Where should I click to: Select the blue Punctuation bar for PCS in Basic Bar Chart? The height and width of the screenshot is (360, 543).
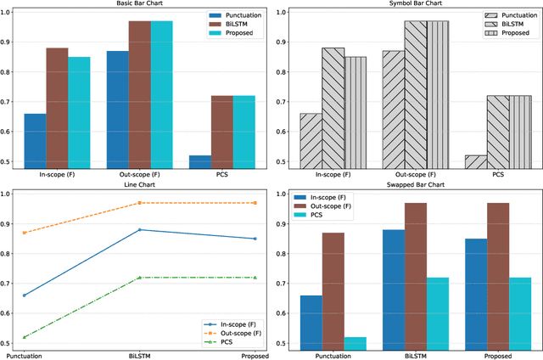(200, 162)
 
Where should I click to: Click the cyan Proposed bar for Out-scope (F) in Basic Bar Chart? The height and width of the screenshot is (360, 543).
(161, 94)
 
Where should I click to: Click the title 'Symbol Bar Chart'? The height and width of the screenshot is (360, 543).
(410, 4)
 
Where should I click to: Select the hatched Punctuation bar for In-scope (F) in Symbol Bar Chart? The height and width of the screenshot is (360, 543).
(311, 141)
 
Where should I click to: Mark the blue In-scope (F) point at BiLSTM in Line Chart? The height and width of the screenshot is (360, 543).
(139, 230)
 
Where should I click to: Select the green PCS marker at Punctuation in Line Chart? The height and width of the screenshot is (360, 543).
(23, 337)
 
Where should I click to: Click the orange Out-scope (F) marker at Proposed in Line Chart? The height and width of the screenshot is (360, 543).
(255, 203)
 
